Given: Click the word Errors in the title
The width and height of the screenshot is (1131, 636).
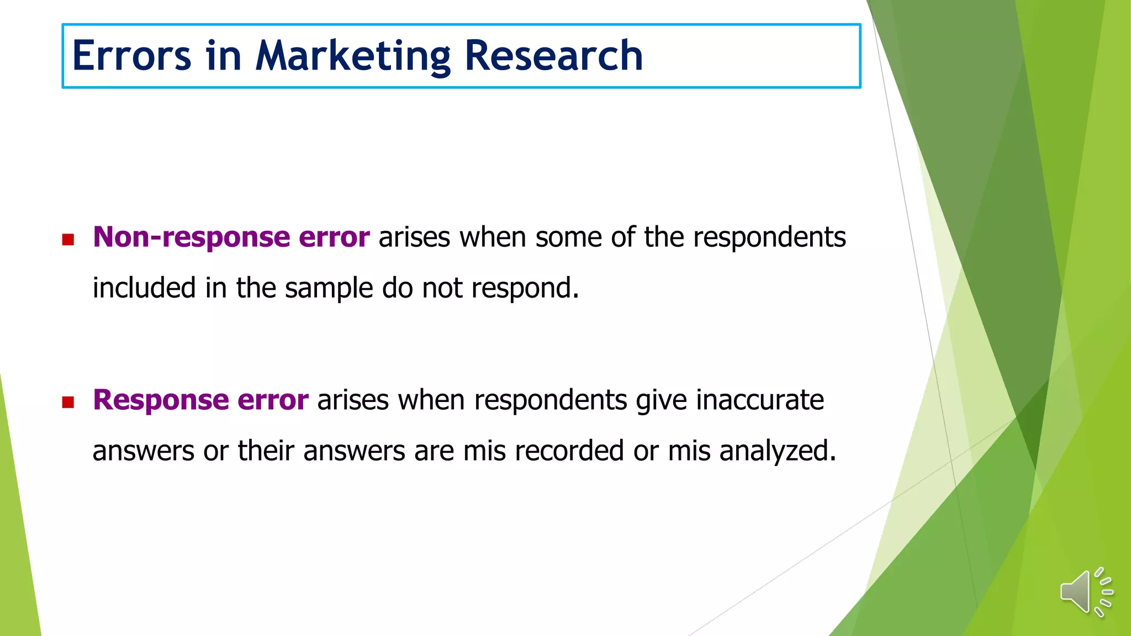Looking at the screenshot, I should [x=131, y=56].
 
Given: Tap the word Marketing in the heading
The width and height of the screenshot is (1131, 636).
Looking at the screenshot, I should [x=353, y=57].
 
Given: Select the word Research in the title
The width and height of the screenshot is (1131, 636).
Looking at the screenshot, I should [x=554, y=56].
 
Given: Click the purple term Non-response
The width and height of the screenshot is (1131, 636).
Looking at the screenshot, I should [x=191, y=237].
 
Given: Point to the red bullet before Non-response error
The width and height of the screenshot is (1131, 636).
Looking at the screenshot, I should [x=68, y=240].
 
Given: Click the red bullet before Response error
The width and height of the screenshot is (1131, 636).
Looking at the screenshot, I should [x=68, y=402].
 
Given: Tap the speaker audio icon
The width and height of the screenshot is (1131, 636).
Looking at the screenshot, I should [x=1086, y=592].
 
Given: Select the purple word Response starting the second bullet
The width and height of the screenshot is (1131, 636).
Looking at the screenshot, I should [x=161, y=400].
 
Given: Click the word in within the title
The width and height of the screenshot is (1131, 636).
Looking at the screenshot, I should [x=224, y=56].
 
